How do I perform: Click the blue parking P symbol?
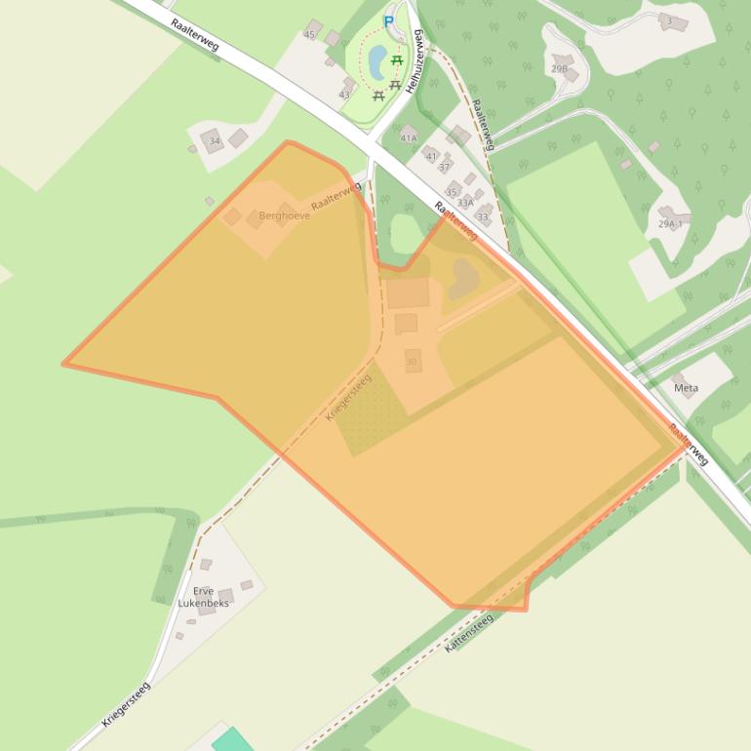(388, 21)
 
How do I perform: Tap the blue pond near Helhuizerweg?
(376, 62)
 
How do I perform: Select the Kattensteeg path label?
(469, 632)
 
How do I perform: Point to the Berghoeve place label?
(285, 216)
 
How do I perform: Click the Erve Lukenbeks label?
(203, 597)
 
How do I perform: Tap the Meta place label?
(686, 387)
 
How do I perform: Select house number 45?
(309, 35)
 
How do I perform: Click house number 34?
(215, 141)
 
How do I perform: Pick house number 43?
(343, 95)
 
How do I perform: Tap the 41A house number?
(408, 138)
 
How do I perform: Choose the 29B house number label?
(559, 69)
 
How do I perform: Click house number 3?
(669, 20)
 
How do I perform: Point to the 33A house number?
(465, 203)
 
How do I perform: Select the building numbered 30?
(412, 361)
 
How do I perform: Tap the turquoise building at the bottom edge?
(232, 740)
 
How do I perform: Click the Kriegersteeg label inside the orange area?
(349, 397)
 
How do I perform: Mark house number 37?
(444, 168)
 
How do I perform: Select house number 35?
(452, 192)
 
